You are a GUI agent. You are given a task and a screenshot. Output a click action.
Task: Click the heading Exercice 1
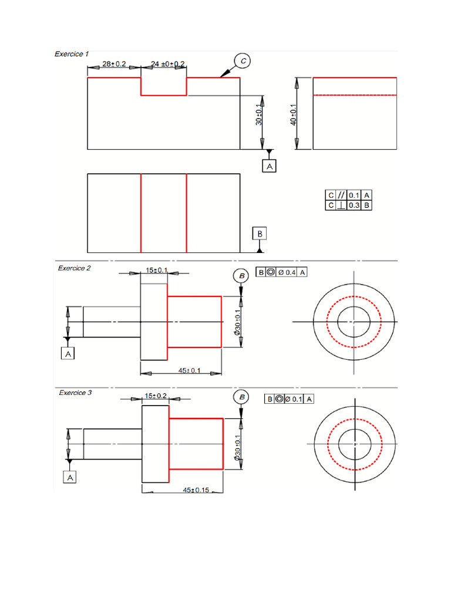72,54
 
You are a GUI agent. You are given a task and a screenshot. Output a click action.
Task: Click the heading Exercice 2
74,268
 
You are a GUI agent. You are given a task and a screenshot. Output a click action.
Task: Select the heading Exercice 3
75,393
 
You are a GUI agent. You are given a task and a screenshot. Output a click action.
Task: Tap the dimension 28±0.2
114,63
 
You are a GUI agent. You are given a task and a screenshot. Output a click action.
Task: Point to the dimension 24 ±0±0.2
168,63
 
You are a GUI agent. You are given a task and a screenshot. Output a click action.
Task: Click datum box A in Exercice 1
270,167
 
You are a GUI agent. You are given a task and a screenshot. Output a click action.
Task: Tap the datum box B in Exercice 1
260,234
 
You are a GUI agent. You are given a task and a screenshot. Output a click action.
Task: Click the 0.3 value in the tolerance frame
354,205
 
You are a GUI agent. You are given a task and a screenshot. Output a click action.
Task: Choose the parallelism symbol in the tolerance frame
341,195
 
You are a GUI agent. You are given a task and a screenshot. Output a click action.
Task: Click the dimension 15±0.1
157,270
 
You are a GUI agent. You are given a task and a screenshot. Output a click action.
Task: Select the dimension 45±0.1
189,370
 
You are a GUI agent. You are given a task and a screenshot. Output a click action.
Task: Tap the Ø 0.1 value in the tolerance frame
294,399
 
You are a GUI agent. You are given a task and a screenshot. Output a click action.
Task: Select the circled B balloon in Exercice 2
241,275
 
